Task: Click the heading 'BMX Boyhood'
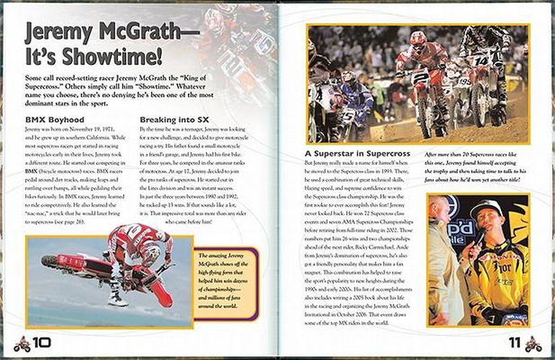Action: [55, 119]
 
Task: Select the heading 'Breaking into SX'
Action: [173, 119]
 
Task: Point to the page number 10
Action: [42, 343]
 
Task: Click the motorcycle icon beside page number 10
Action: [21, 343]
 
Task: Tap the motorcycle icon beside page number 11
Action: [533, 343]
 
